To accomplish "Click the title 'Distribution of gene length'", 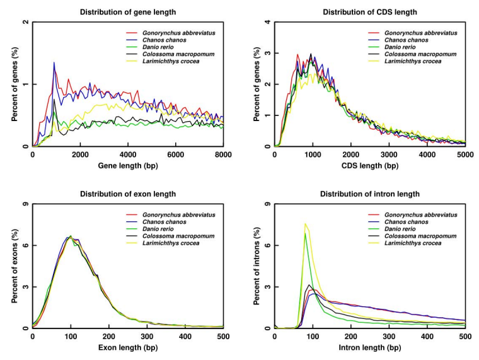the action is point(128,12).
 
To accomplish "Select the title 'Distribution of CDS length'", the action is point(370,12).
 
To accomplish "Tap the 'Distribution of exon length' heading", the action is point(128,194).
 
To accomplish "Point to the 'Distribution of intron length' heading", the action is point(370,194).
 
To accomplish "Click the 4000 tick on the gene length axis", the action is point(128,155).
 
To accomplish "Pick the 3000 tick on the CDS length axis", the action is point(389,155).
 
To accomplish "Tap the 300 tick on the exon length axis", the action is point(147,337).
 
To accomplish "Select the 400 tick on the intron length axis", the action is point(427,337).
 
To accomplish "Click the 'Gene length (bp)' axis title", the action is point(128,166).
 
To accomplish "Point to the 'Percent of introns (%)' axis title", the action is point(257,266).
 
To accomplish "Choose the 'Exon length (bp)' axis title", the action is point(128,347).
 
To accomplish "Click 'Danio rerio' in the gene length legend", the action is point(158,47).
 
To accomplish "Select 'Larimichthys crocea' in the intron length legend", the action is point(413,243).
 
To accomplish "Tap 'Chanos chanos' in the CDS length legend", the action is point(407,40).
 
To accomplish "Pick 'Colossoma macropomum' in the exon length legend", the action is point(178,236).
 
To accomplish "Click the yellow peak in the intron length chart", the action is point(305,224).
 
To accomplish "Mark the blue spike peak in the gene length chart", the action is point(54,62).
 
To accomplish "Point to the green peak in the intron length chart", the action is point(305,234).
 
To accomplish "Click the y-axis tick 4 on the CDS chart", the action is point(268,22).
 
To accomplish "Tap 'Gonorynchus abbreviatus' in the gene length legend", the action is point(179,33).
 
